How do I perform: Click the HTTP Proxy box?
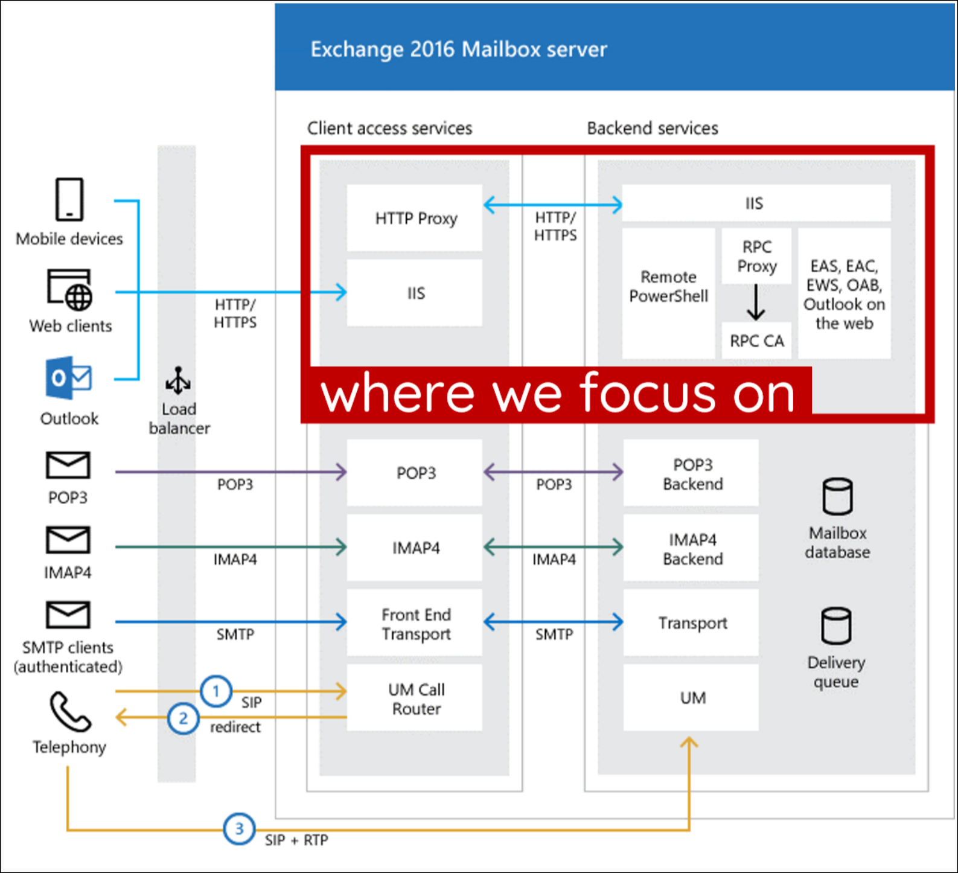click(x=415, y=218)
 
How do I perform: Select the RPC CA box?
click(x=756, y=341)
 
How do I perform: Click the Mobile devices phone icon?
click(x=69, y=199)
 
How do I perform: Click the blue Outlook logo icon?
click(x=68, y=378)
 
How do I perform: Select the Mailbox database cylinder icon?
click(x=837, y=496)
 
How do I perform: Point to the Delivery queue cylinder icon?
click(x=836, y=626)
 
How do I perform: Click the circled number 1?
click(x=216, y=691)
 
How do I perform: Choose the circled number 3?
click(x=239, y=829)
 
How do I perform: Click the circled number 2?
click(x=184, y=718)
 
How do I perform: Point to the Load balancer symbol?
click(x=178, y=380)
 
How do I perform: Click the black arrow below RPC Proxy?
click(x=756, y=302)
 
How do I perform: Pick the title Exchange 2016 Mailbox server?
click(x=458, y=49)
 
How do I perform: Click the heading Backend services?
click(x=652, y=128)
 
